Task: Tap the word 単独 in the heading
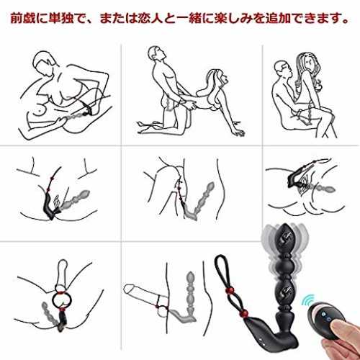click(x=61, y=19)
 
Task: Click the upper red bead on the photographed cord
click(x=228, y=292)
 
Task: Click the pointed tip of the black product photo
click(x=285, y=225)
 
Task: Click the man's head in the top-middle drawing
click(x=156, y=53)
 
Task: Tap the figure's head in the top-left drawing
click(x=45, y=63)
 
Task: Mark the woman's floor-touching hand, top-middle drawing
click(x=239, y=132)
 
